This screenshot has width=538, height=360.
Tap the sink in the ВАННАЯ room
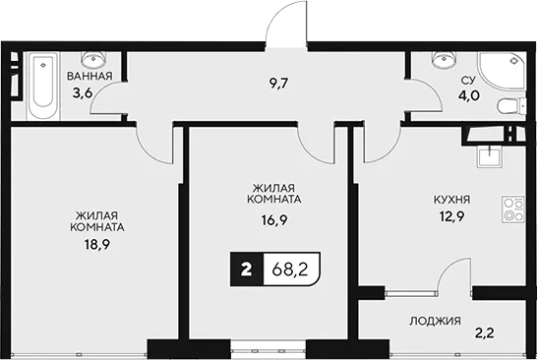click(x=93, y=59)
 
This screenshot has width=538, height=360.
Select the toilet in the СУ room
click(x=511, y=106)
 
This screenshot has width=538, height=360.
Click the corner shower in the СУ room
click(x=501, y=72)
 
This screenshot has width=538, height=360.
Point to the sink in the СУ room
click(x=445, y=59)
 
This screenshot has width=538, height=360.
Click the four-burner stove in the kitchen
click(x=513, y=209)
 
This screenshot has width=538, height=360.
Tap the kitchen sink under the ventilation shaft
click(x=490, y=156)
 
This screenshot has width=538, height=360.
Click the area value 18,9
click(x=96, y=245)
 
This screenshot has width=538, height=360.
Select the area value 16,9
click(x=274, y=220)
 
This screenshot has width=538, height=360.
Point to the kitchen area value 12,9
click(x=451, y=216)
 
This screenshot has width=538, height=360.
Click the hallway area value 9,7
click(x=277, y=83)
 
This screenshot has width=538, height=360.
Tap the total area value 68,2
click(x=290, y=270)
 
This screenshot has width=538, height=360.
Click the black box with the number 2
click(x=247, y=270)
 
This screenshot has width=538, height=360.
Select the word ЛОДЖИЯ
click(x=435, y=322)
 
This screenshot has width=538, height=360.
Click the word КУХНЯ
click(x=451, y=200)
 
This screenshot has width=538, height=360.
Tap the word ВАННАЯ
click(x=90, y=76)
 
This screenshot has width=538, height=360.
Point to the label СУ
click(x=468, y=81)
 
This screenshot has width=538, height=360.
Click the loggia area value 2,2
click(x=485, y=332)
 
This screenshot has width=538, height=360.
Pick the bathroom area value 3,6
click(x=82, y=92)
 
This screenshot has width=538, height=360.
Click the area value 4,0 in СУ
click(x=469, y=94)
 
